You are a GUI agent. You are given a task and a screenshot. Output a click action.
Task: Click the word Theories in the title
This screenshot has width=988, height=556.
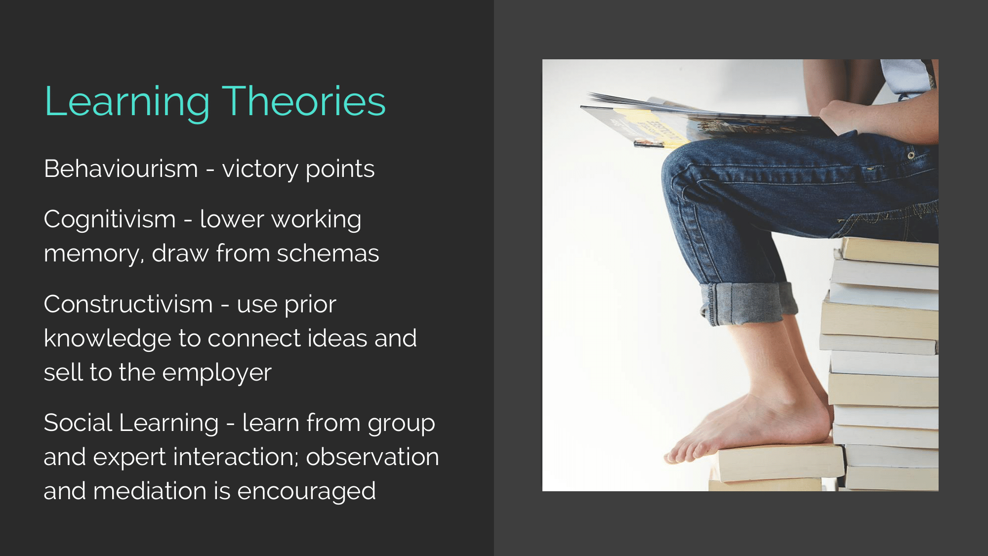pyautogui.click(x=304, y=101)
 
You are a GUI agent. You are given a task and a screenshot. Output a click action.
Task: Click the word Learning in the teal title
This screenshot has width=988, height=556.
pyautogui.click(x=127, y=102)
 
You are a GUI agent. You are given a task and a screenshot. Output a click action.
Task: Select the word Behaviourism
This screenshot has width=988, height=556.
pyautogui.click(x=121, y=169)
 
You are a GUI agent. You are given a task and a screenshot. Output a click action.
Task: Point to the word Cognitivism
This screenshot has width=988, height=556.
pyautogui.click(x=110, y=220)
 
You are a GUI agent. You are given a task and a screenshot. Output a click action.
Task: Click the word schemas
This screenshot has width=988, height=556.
pyautogui.click(x=328, y=253)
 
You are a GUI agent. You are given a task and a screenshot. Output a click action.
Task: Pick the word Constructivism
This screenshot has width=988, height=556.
pyautogui.click(x=128, y=304)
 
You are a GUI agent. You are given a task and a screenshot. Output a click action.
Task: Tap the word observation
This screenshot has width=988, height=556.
pyautogui.click(x=372, y=457)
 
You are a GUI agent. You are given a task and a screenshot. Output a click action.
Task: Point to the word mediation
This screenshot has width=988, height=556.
pyautogui.click(x=150, y=491)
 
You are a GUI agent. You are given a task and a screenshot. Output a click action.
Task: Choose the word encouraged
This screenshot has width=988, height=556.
pyautogui.click(x=306, y=492)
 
